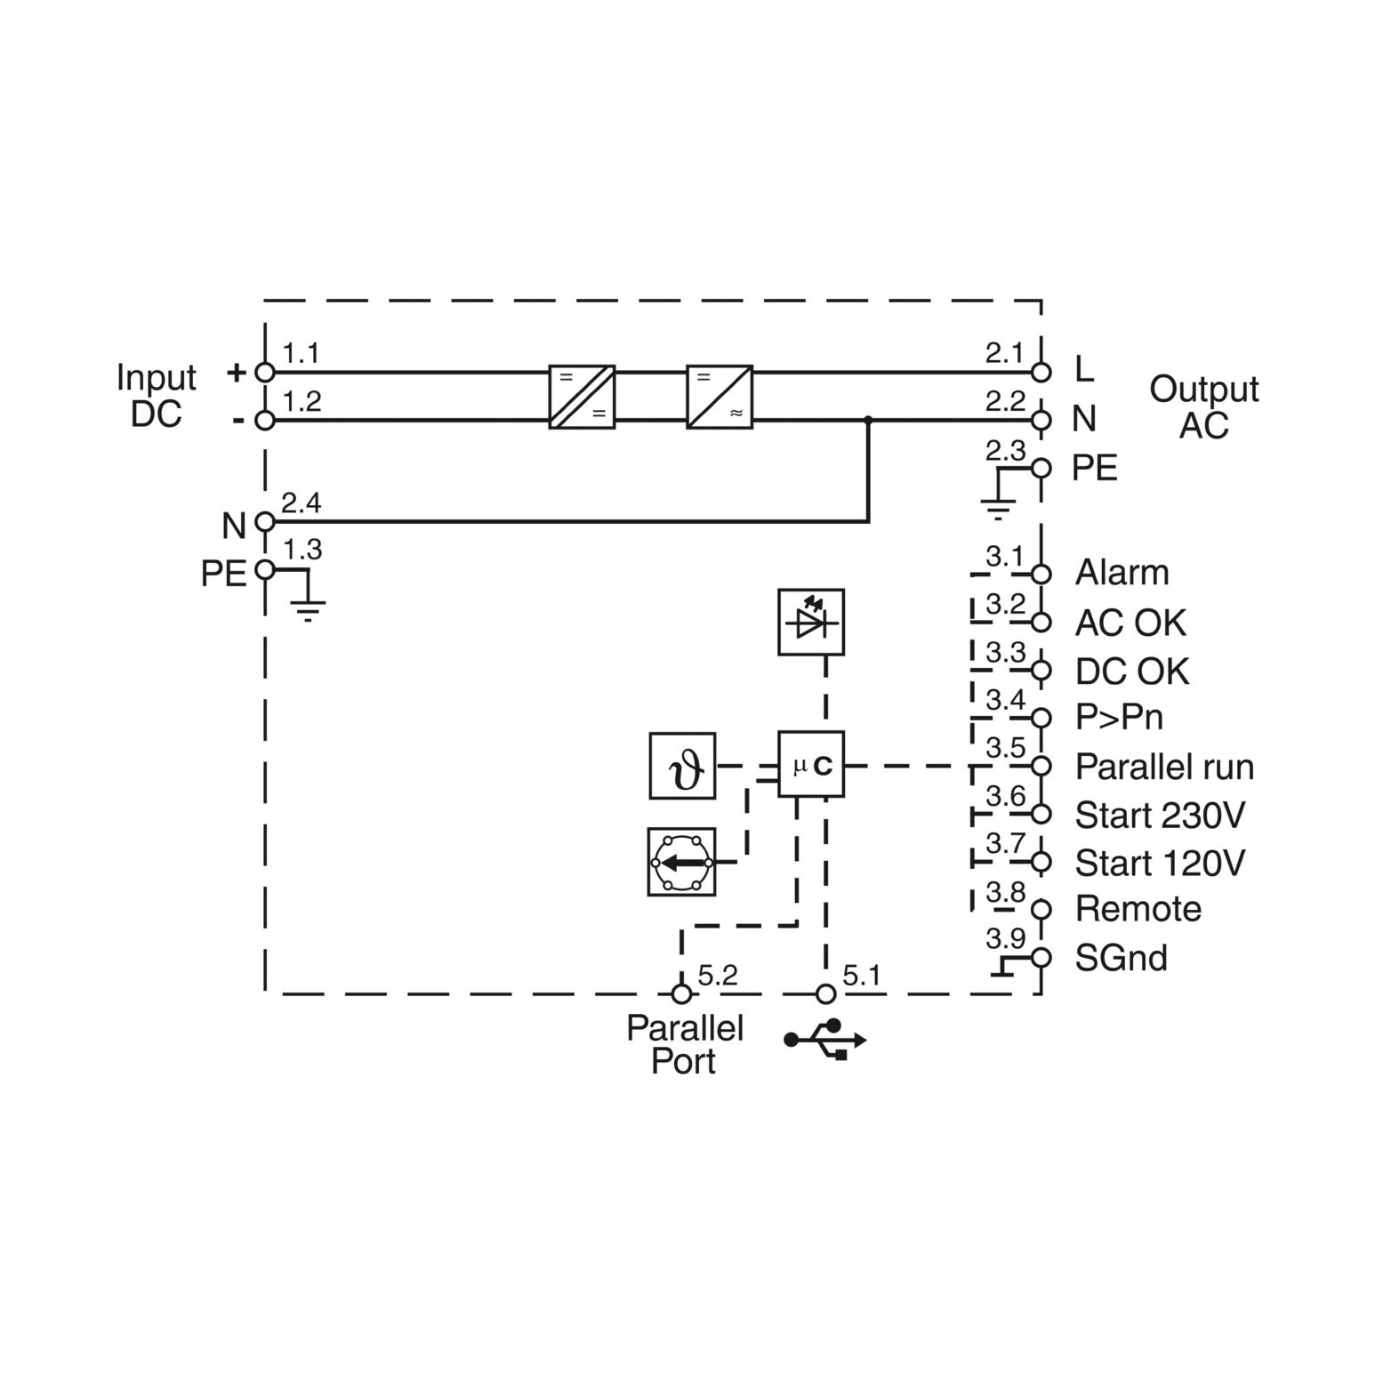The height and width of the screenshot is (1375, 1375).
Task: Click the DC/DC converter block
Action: (582, 397)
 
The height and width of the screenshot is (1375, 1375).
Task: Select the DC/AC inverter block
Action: (720, 397)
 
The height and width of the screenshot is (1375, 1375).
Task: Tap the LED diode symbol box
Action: (811, 622)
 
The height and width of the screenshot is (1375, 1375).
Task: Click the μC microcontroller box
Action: (811, 764)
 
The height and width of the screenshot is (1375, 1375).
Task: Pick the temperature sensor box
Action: (682, 765)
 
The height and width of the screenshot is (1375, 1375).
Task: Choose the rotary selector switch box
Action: (681, 862)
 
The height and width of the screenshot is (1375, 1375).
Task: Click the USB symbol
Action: (824, 1039)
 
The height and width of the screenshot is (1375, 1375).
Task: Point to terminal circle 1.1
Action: (265, 373)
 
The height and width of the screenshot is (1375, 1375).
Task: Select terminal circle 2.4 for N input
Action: (265, 521)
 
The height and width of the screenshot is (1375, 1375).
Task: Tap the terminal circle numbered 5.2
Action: (681, 993)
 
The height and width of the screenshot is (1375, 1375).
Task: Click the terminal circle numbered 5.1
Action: (826, 993)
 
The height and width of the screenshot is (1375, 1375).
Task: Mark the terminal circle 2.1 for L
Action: (1041, 373)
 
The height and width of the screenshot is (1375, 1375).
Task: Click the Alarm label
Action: (1122, 573)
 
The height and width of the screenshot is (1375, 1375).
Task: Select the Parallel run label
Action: (1164, 767)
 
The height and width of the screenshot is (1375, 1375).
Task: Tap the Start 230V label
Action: (1160, 815)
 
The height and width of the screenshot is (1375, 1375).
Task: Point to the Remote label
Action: (1138, 909)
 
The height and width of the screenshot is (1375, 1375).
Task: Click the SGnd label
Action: (1121, 958)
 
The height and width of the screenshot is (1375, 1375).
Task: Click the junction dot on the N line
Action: (868, 420)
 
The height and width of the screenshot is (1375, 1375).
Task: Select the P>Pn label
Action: (1119, 717)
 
